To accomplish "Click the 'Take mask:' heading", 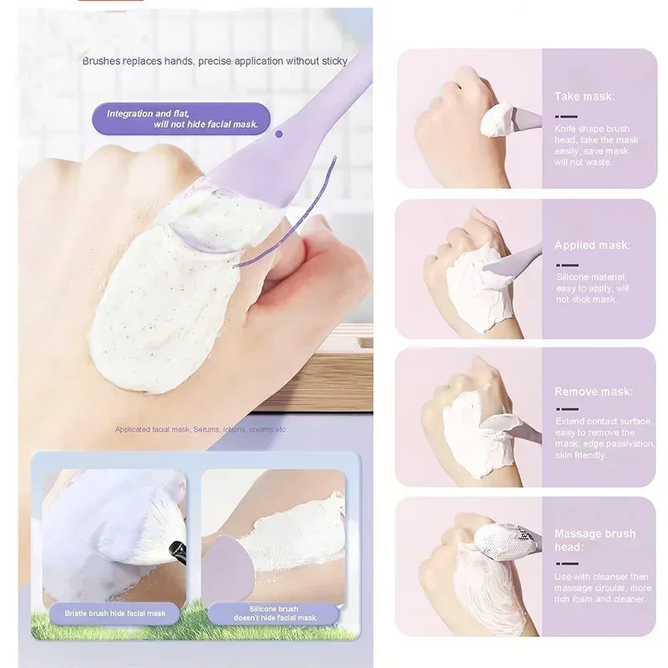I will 584,97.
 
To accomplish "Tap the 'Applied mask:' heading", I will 592,245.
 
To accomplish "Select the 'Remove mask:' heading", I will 594,392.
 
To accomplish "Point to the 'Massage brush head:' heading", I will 595,539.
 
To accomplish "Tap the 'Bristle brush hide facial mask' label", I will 115,613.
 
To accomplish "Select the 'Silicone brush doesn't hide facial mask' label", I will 276,613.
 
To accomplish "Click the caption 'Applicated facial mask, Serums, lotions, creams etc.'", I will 200,429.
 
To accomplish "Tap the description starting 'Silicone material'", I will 593,287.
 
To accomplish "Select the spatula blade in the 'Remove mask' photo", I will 505,425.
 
